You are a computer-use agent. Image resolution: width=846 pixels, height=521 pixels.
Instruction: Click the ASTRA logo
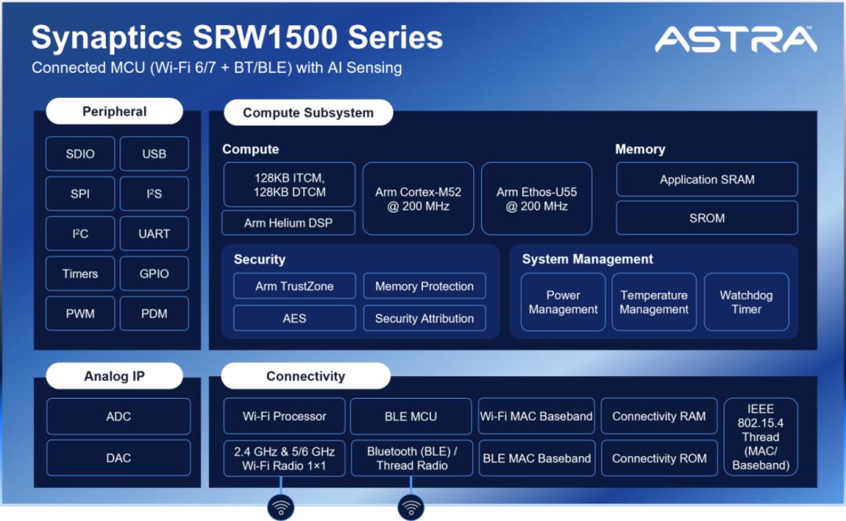(x=736, y=39)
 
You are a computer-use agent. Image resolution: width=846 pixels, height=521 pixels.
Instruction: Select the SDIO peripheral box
(x=81, y=154)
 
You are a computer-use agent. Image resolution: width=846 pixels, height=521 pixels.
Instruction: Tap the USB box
(x=154, y=154)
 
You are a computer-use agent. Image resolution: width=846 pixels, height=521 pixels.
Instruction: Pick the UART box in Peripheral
(x=154, y=233)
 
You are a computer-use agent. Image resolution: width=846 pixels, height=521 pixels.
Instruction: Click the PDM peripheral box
(x=154, y=313)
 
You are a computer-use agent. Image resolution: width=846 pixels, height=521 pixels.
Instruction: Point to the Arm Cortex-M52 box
(x=418, y=199)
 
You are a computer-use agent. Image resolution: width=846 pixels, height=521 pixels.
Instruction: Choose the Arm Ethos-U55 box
(x=537, y=199)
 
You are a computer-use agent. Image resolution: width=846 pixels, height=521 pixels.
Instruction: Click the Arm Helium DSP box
(x=288, y=223)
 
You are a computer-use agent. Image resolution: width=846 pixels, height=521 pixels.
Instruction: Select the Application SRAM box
(x=707, y=179)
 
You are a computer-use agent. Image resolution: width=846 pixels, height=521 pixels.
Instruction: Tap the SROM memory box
(x=707, y=218)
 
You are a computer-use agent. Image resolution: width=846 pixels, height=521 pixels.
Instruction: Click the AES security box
(x=295, y=318)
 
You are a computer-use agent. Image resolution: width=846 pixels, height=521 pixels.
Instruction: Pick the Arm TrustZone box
(x=295, y=286)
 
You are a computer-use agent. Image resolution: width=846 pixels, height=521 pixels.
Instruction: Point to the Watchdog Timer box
(x=747, y=302)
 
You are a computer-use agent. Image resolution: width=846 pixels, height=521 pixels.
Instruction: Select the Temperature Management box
(x=654, y=302)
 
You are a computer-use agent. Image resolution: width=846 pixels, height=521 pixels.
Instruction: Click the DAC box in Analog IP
(x=119, y=458)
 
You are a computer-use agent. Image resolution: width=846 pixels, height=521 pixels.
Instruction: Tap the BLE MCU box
(x=411, y=416)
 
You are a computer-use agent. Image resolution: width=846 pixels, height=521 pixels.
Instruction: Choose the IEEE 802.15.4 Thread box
(x=761, y=436)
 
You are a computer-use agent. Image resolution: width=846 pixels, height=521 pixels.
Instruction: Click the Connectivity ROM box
(x=660, y=458)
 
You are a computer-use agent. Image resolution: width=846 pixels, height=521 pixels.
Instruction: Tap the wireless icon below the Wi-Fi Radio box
(x=280, y=508)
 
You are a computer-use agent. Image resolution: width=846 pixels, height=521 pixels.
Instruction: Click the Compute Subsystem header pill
(x=308, y=112)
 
